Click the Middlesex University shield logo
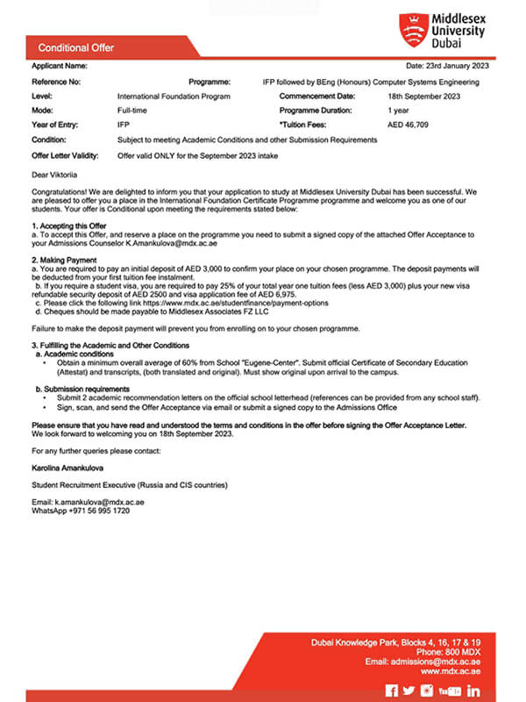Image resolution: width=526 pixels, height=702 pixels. [x=411, y=30]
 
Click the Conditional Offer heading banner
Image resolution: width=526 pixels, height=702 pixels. [x=76, y=47]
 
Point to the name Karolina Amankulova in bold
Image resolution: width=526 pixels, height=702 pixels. [x=69, y=469]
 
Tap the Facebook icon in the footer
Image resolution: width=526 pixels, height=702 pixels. [x=392, y=691]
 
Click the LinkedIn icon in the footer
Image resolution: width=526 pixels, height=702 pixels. [x=473, y=691]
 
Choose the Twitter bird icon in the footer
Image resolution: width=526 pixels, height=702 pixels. [x=409, y=691]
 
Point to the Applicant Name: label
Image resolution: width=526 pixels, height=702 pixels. [x=60, y=66]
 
